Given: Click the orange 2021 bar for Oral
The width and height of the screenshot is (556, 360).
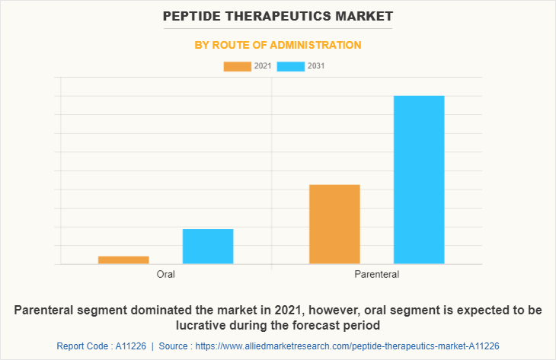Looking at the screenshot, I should click(123, 260).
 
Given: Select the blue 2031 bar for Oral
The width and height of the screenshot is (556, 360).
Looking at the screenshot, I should click(208, 247).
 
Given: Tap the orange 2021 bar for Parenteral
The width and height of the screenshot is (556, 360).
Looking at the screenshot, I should click(334, 225).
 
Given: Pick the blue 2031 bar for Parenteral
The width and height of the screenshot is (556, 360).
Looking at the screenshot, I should click(419, 180).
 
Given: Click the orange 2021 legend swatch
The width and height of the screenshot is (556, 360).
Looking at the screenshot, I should click(237, 66).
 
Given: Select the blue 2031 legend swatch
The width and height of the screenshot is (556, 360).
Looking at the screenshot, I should click(291, 66).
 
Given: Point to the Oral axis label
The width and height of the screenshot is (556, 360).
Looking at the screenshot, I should click(166, 274).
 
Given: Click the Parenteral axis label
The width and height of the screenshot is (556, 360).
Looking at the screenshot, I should click(377, 274).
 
